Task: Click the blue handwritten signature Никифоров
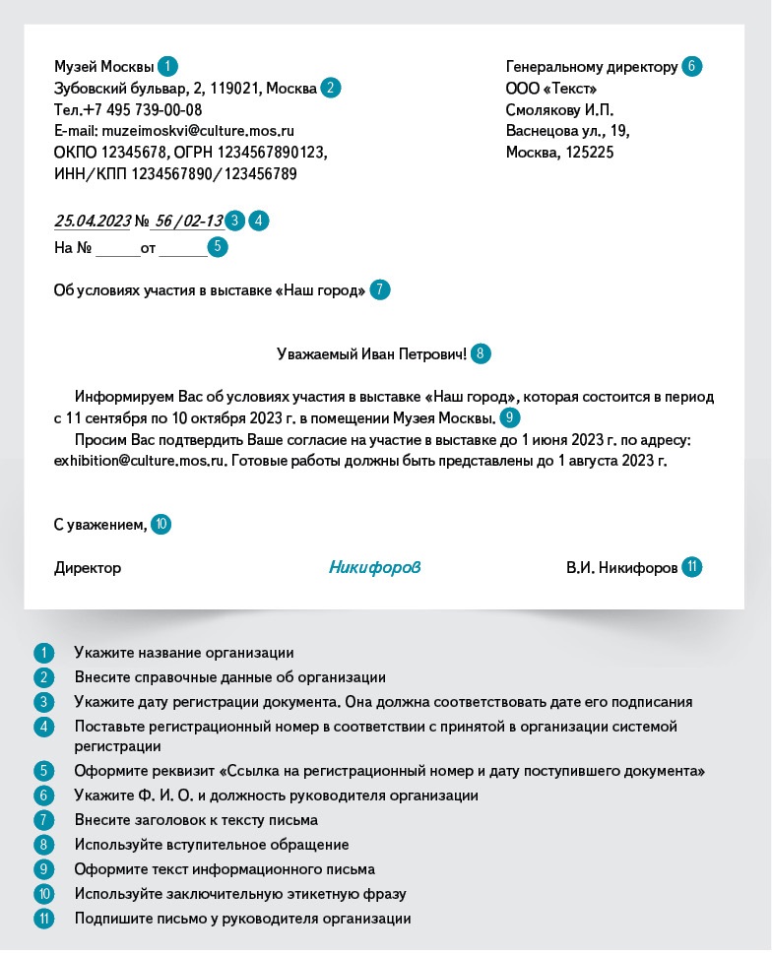click(x=374, y=567)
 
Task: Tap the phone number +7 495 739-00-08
click(x=143, y=109)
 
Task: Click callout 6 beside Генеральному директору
click(x=691, y=67)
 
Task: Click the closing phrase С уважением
click(x=99, y=525)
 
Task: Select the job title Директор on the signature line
click(x=88, y=568)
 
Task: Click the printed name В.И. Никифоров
click(x=620, y=568)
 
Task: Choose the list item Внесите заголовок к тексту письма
click(x=196, y=819)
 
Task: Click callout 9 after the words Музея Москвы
click(x=509, y=417)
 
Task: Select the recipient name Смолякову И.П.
click(x=558, y=109)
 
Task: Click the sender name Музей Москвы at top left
click(x=103, y=67)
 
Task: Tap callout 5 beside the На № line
click(x=218, y=247)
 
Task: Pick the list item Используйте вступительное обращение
click(x=211, y=844)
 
